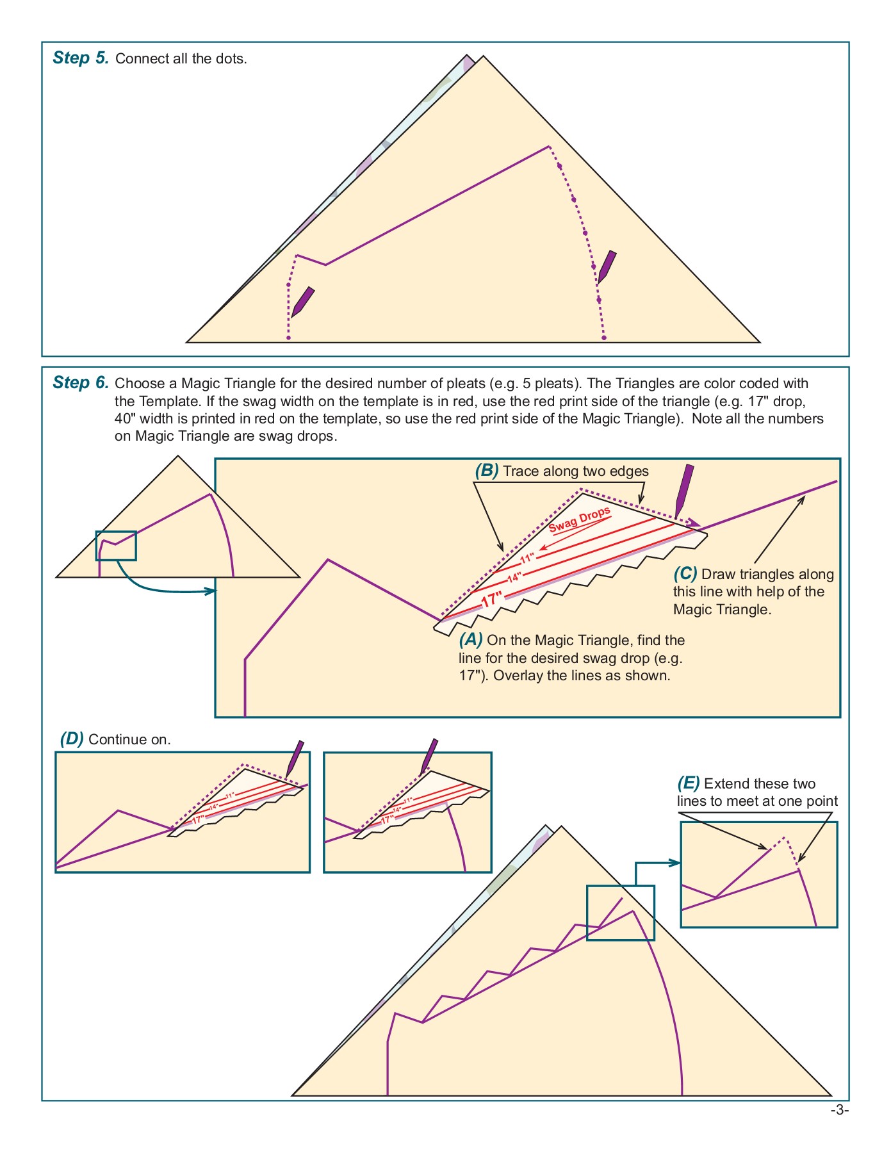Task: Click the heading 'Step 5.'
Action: click(x=81, y=58)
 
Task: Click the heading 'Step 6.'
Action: click(x=81, y=382)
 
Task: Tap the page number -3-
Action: click(x=839, y=1110)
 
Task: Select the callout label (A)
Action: click(x=471, y=639)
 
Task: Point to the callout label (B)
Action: click(x=486, y=471)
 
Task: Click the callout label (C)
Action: click(x=685, y=573)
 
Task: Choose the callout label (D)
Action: click(x=72, y=739)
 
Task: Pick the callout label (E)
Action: click(x=689, y=783)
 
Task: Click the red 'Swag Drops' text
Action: click(x=580, y=520)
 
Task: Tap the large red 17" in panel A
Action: click(x=491, y=600)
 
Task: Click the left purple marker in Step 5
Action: click(x=302, y=302)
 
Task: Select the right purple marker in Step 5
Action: click(x=607, y=267)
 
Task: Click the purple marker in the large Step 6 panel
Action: click(x=684, y=490)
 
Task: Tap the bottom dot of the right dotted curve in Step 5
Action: click(x=604, y=338)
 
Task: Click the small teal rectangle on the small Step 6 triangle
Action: click(x=116, y=545)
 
